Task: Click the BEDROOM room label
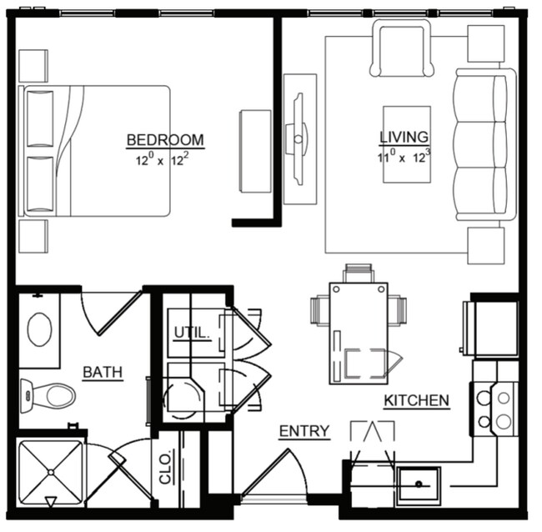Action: click(165, 139)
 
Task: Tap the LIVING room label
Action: click(404, 137)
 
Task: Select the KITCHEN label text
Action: click(416, 401)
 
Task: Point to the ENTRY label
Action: click(304, 431)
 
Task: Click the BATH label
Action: click(103, 372)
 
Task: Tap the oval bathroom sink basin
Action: click(39, 329)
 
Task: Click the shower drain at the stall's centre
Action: click(50, 472)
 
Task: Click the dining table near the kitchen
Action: click(359, 332)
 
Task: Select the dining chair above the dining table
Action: click(358, 273)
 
